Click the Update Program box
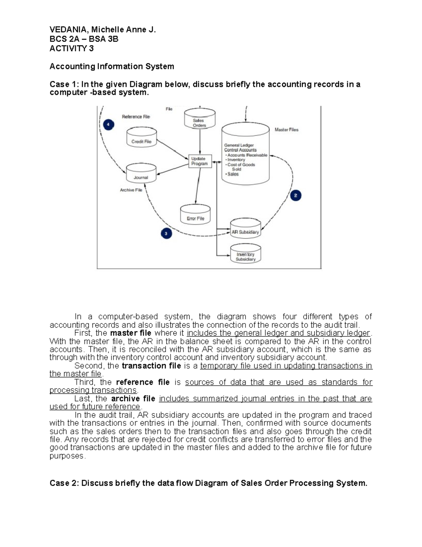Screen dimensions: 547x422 (200, 161)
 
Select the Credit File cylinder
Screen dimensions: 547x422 (141, 138)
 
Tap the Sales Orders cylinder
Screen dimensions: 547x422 (199, 119)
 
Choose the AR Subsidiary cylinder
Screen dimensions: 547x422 (245, 229)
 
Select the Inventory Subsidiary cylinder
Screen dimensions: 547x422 (245, 254)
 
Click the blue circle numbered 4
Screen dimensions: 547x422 (108, 125)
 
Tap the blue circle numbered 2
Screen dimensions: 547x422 (295, 195)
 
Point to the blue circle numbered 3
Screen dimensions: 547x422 (166, 233)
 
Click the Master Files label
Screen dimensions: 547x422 (286, 130)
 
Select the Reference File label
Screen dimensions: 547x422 (136, 117)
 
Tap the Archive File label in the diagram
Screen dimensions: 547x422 (131, 190)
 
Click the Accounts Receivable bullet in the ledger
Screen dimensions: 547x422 (247, 155)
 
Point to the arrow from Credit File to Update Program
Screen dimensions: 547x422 (172, 149)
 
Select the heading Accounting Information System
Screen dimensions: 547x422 (111, 66)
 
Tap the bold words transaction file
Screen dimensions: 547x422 (151, 366)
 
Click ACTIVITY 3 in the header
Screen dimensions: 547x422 (71, 49)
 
